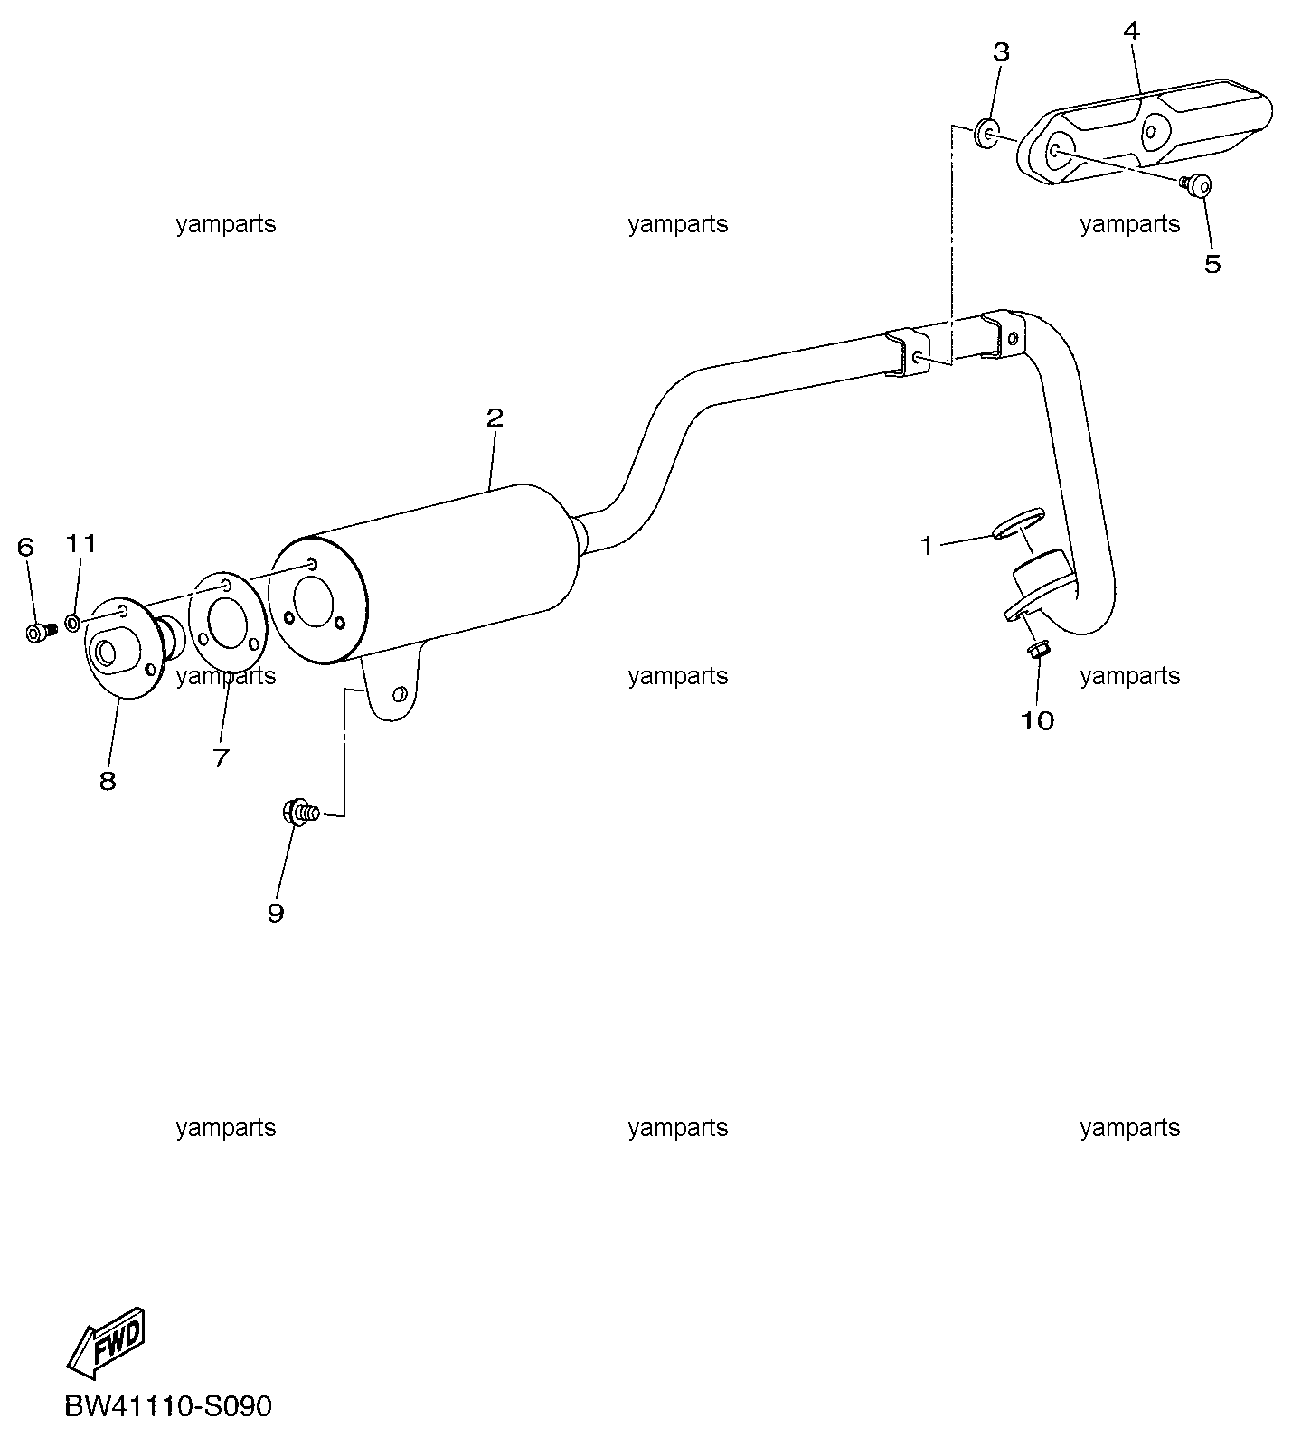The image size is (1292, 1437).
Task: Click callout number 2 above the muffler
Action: [494, 418]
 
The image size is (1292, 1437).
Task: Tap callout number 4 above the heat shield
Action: [1131, 31]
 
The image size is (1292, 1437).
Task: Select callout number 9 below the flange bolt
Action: [275, 913]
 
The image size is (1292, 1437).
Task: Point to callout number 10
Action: [1037, 720]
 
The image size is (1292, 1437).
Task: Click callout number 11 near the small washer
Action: [80, 542]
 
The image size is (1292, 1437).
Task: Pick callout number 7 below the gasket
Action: [221, 757]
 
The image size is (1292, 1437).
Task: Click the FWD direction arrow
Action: [106, 1337]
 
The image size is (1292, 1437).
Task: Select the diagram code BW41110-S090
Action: [168, 1407]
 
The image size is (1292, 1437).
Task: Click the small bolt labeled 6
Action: [40, 632]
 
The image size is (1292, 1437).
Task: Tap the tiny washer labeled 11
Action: [73, 624]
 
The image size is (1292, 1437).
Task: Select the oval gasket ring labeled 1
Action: [1017, 524]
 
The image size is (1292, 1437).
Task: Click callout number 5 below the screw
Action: [1212, 263]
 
